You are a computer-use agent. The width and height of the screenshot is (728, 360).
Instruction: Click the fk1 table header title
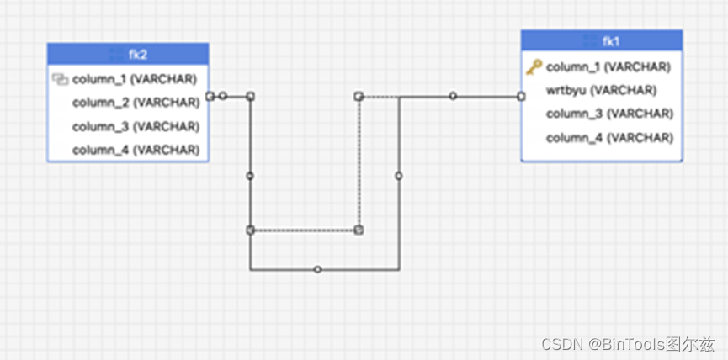[610, 41]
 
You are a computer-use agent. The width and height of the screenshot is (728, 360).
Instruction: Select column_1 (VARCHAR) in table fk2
[136, 80]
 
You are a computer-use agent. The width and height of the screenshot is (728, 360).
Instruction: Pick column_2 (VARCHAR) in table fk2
[136, 103]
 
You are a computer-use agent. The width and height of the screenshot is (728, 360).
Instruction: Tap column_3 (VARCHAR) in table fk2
[136, 127]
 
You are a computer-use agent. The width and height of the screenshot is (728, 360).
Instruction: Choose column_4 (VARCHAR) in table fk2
[136, 151]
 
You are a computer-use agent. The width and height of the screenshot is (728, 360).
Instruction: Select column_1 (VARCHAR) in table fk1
[608, 66]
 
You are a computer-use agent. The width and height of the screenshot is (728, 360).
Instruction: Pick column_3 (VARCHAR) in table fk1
[608, 114]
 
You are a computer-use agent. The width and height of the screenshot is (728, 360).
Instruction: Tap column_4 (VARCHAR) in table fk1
[608, 137]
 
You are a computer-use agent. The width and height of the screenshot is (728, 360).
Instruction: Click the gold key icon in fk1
[534, 66]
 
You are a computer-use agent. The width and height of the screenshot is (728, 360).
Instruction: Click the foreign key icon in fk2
[60, 80]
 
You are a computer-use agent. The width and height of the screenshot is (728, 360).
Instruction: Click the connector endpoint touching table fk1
[521, 96]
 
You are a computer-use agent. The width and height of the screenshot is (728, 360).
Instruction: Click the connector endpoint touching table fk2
[210, 96]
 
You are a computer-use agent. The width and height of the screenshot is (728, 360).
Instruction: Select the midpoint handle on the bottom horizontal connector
[317, 270]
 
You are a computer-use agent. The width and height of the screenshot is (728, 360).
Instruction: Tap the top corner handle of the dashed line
[359, 97]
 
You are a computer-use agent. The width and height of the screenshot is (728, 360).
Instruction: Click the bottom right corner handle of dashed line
[359, 230]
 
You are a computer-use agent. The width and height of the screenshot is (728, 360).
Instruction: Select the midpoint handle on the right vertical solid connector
[399, 176]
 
